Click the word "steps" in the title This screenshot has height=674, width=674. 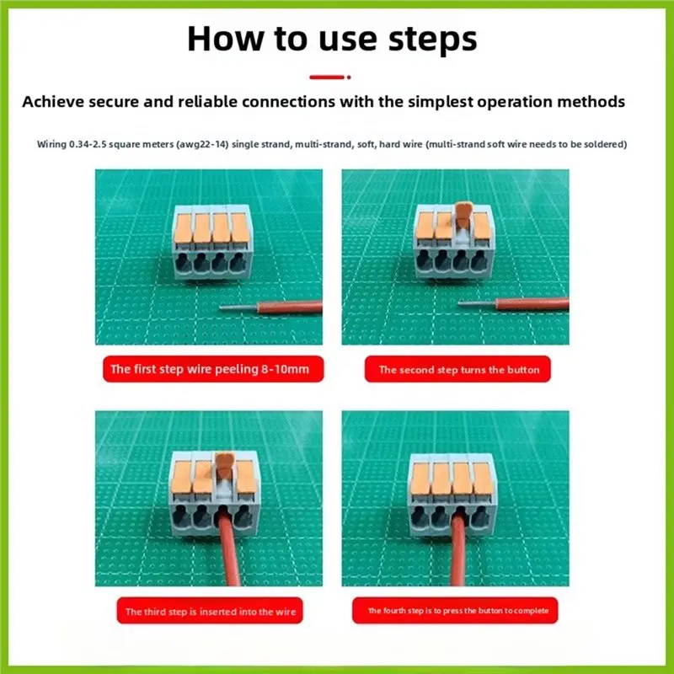point(432,40)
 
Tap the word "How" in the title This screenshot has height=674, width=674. point(226,39)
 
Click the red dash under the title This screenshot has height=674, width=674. point(330,78)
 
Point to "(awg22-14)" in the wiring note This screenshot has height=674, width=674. point(202,144)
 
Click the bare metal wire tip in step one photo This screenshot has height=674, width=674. point(238,308)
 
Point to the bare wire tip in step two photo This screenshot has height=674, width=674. point(477,303)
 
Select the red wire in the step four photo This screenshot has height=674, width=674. point(458,549)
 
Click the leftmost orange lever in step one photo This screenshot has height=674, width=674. point(183,228)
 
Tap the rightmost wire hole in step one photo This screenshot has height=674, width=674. point(238,262)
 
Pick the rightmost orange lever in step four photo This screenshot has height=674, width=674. point(482,479)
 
